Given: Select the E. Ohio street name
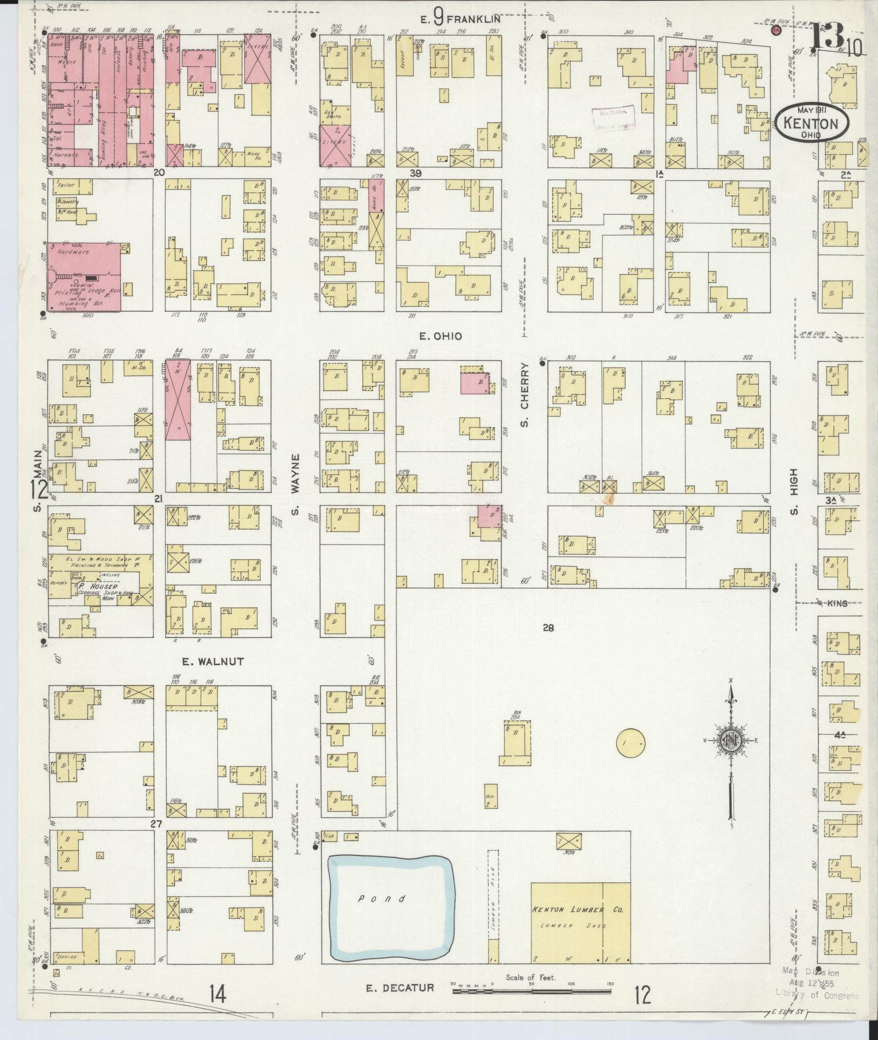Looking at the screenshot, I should point(441,336).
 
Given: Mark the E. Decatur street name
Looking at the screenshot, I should point(400,988).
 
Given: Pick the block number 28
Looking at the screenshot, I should point(548,628).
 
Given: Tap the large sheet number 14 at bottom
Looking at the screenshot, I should point(217,992).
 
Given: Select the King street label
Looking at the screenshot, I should point(836,604).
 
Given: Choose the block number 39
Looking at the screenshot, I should point(414,173).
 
